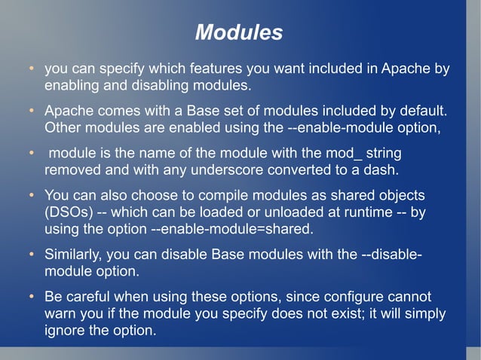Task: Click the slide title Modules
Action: [x=239, y=33]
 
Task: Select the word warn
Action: [x=61, y=313]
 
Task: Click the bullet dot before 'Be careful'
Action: [x=31, y=296]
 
